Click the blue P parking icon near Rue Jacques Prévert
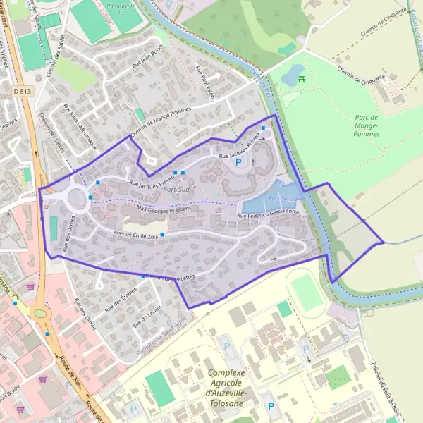(238, 162)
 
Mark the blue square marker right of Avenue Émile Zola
(162, 235)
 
